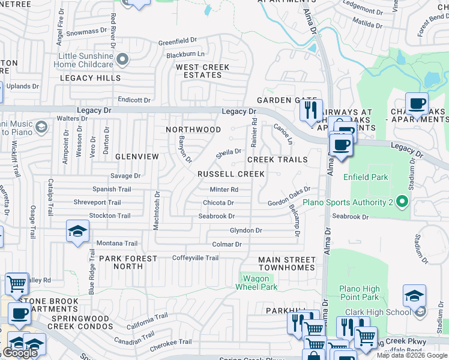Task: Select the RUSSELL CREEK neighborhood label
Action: [231, 174]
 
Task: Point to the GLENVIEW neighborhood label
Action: [137, 157]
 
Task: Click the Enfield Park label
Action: [366, 177]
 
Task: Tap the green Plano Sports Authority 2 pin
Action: [402, 202]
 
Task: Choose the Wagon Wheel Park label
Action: [259, 283]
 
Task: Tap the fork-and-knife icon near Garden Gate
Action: [310, 110]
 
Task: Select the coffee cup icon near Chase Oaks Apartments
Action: [416, 103]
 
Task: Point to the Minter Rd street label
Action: [224, 190]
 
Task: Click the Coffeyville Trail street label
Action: [195, 258]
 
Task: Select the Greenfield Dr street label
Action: [177, 41]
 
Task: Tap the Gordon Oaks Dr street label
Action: [289, 203]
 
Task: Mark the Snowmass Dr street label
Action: [86, 32]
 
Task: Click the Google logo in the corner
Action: [20, 352]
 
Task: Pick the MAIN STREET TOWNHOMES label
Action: [286, 263]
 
